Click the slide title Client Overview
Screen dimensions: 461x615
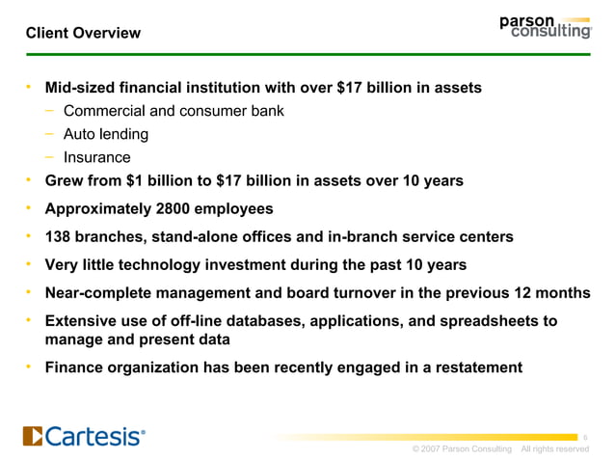(x=83, y=33)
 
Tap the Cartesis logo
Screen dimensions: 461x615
(x=85, y=436)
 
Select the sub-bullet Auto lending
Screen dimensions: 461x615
(x=106, y=134)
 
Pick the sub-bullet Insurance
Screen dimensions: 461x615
(x=96, y=157)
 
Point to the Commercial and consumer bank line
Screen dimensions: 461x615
(x=174, y=111)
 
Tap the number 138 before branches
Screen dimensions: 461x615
(x=60, y=236)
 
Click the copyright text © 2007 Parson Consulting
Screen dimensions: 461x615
(x=461, y=449)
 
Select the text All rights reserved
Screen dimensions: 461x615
(x=554, y=449)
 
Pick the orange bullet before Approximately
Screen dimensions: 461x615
(x=30, y=208)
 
